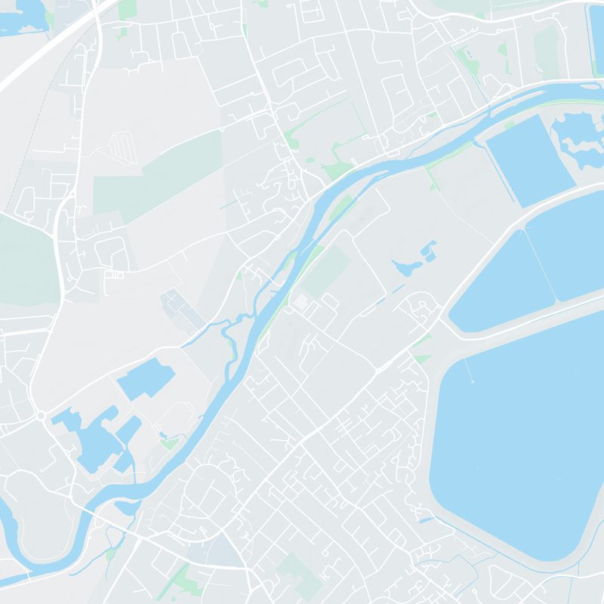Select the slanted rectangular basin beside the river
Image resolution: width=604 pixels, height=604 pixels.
click(x=528, y=160)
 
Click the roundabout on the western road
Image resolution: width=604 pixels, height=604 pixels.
click(x=41, y=414)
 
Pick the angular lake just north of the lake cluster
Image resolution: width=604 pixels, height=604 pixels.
click(x=145, y=377)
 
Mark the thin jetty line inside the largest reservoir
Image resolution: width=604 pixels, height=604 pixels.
click(x=469, y=371)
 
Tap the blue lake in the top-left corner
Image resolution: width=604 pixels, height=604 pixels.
click(x=23, y=15)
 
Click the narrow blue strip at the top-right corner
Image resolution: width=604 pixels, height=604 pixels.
click(x=596, y=38)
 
